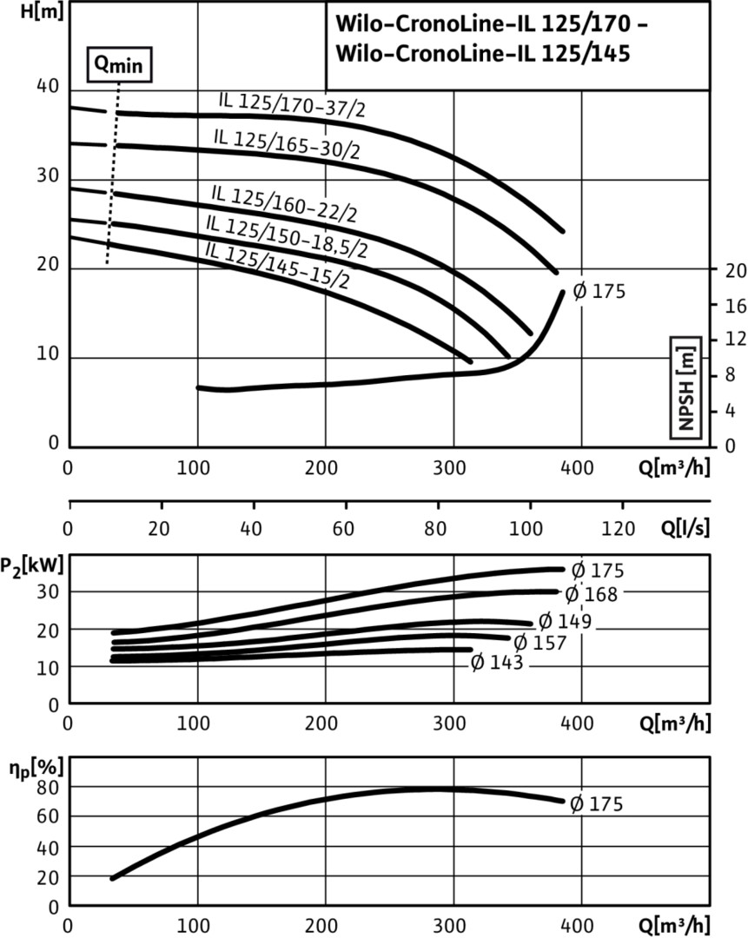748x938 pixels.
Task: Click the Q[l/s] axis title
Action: click(685, 528)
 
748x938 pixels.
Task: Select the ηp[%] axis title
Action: click(27, 769)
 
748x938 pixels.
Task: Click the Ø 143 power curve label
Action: click(497, 664)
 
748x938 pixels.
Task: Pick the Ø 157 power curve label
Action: click(539, 643)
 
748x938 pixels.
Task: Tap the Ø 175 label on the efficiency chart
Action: click(596, 804)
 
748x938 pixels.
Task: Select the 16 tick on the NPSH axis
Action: click(735, 306)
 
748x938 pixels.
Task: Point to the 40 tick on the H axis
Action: click(47, 88)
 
